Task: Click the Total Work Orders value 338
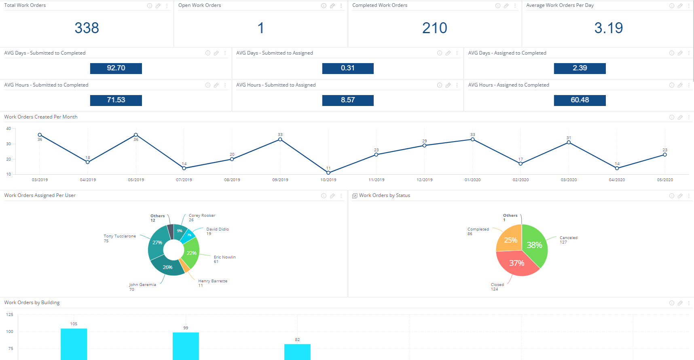87,28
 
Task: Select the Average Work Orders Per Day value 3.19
608,28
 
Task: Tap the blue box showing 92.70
116,68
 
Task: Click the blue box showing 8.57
348,100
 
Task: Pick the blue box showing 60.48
580,100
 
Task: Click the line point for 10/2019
328,173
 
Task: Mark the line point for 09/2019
280,140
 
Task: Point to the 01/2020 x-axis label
472,180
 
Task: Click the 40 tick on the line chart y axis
8,129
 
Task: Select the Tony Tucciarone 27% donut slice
157,242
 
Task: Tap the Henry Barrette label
213,281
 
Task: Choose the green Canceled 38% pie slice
535,245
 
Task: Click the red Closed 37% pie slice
517,263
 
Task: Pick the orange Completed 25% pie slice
510,240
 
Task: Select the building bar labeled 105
74,344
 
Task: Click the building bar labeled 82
297,352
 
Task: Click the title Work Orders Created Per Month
41,117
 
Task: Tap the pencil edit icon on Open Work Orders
332,6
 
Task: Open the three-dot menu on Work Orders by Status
689,196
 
